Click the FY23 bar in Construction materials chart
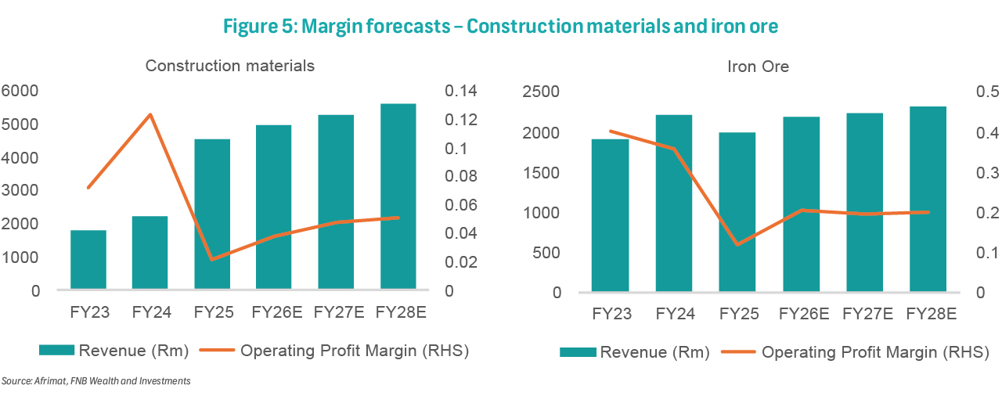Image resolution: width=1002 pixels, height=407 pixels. (88, 260)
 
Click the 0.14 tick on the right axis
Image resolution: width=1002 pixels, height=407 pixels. (460, 91)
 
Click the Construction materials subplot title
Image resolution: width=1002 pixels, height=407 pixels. (230, 66)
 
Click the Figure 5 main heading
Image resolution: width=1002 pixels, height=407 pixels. (500, 27)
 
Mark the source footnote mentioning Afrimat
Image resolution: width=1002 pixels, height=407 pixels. (96, 381)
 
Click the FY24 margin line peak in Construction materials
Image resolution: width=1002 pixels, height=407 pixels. (150, 115)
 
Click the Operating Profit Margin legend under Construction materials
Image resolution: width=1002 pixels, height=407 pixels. (353, 351)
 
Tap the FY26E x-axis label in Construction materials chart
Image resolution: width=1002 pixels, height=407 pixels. (273, 312)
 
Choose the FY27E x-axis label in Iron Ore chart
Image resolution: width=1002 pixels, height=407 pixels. (867, 314)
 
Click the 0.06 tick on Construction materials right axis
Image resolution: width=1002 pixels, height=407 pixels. (460, 205)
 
